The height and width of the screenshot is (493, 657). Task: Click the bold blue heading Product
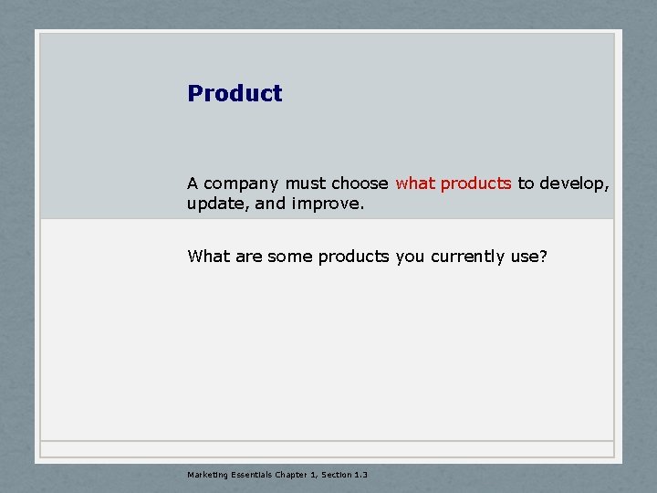click(x=235, y=93)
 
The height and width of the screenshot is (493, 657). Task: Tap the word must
click(x=304, y=184)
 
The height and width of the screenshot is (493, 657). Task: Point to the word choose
click(x=360, y=184)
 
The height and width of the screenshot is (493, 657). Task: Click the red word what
click(x=415, y=184)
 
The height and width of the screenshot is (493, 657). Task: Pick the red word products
click(x=475, y=184)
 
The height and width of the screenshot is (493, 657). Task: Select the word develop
click(x=575, y=184)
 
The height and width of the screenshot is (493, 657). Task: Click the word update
click(x=216, y=204)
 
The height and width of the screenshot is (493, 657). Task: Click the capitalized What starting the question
click(x=209, y=257)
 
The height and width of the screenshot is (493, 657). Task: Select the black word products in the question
click(x=354, y=257)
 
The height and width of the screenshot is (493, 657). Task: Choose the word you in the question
click(x=411, y=257)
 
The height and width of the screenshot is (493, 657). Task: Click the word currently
click(x=467, y=257)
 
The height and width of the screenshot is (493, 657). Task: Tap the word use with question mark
click(x=529, y=257)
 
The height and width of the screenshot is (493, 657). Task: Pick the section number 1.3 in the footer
click(x=360, y=474)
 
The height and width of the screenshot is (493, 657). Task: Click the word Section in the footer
click(x=335, y=474)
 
